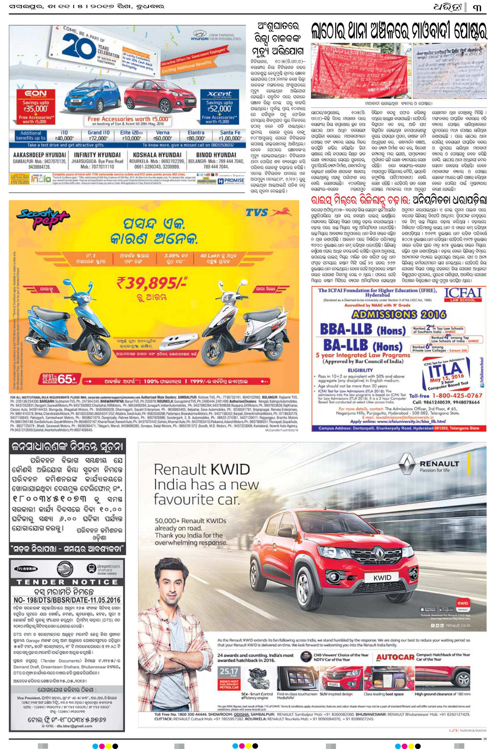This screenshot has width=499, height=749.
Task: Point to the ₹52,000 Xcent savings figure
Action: coord(219,109)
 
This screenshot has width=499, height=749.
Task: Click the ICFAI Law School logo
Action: coord(463,295)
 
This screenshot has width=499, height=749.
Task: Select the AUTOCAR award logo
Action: coord(395,657)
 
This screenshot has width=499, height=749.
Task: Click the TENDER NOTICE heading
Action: coord(67,582)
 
